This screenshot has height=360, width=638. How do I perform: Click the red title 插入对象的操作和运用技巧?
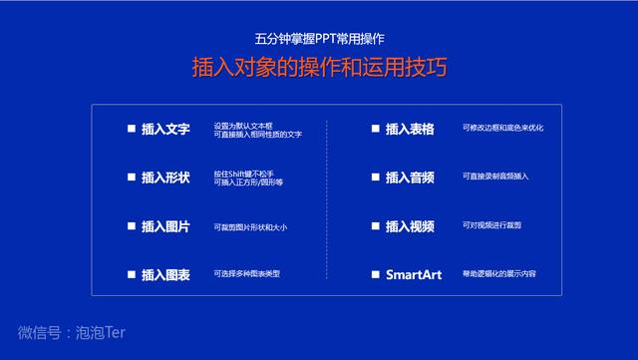tap(319, 68)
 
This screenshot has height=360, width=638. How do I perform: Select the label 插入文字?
tap(165, 130)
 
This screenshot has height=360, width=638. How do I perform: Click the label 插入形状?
tap(165, 178)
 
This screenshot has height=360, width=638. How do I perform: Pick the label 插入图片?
tap(165, 226)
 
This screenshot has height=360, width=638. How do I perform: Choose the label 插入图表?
tap(165, 274)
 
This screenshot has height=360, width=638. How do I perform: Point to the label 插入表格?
tap(410, 130)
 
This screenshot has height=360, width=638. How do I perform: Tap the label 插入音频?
tap(410, 178)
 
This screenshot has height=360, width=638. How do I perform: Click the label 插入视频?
tap(410, 226)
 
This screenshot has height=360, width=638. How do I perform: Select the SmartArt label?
tap(414, 274)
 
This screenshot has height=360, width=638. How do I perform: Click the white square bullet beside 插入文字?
tap(132, 130)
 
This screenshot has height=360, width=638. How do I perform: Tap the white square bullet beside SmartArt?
tap(376, 274)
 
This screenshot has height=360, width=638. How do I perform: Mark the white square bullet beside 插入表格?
tap(376, 130)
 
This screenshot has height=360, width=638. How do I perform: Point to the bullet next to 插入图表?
tap(132, 274)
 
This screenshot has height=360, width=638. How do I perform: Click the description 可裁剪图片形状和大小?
tap(250, 227)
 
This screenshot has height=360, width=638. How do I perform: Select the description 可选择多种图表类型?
tap(247, 273)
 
